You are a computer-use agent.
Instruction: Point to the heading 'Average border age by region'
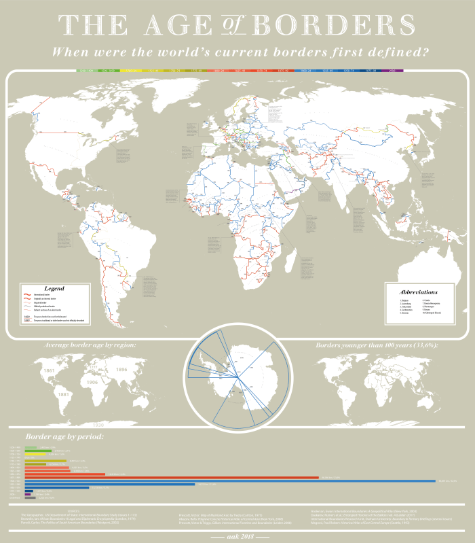90,346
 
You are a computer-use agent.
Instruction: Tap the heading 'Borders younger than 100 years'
377,346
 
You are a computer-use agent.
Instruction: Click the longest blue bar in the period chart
231,480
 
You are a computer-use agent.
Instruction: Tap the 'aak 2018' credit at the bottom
237,536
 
